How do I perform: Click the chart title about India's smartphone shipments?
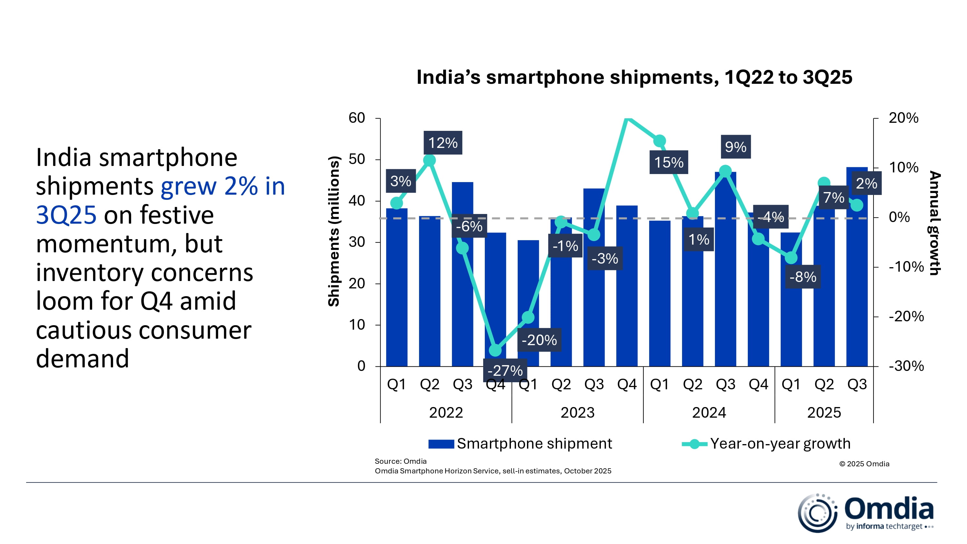(x=634, y=77)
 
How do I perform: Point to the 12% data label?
(x=443, y=143)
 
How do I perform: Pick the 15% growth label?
(x=669, y=162)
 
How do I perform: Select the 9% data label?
(x=735, y=147)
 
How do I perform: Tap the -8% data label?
(x=803, y=277)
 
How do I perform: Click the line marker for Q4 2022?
(x=495, y=350)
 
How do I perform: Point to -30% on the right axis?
(x=906, y=366)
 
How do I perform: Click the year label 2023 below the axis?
(x=577, y=413)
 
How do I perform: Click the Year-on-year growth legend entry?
(x=766, y=444)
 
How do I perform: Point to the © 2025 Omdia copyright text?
(x=864, y=464)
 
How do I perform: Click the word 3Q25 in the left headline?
(x=66, y=215)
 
